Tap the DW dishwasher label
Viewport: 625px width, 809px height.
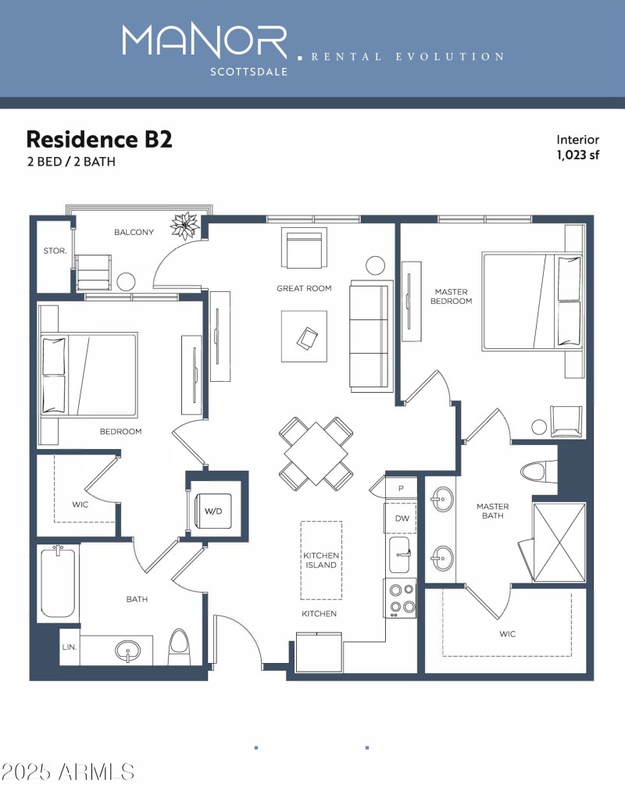(x=402, y=518)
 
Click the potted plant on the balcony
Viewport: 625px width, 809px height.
(x=185, y=225)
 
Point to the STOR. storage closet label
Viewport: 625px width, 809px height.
(x=54, y=251)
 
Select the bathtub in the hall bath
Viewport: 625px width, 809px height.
(x=58, y=583)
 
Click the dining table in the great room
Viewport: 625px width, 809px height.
(x=316, y=454)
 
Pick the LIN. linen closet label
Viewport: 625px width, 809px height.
(x=69, y=647)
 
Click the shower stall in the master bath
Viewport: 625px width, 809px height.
(x=558, y=541)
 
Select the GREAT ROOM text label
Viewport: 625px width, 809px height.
(x=304, y=288)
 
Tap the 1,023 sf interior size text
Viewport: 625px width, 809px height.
(x=577, y=155)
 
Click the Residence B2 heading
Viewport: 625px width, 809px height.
(x=99, y=139)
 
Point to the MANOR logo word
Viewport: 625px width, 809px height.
(x=205, y=41)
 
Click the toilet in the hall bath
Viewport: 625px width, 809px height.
(x=179, y=647)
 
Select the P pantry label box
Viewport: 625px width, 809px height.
(x=401, y=488)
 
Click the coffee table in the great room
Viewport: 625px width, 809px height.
(x=305, y=336)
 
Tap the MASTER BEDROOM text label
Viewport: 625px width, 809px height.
(x=452, y=296)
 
